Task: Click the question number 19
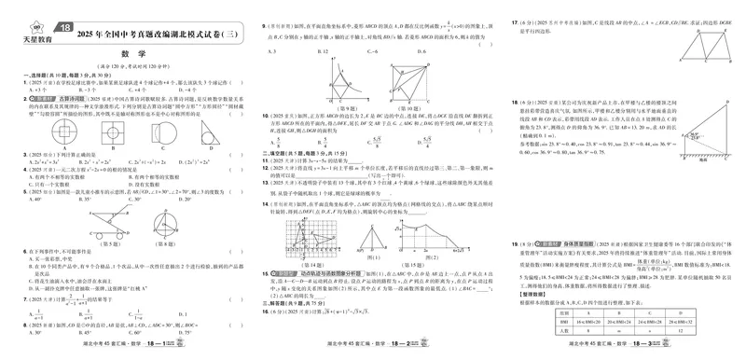click(x=513, y=242)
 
